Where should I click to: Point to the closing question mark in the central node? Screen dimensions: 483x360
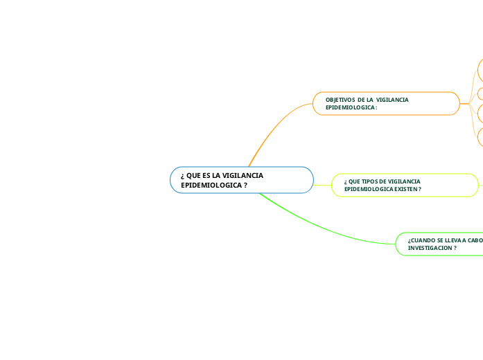coord(246,186)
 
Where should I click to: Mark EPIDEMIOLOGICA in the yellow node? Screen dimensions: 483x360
coord(368,189)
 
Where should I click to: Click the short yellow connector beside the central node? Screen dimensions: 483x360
coord(322,185)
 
